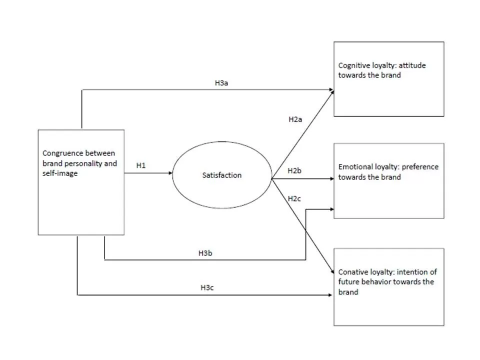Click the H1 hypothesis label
(x=140, y=165)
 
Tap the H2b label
(x=295, y=171)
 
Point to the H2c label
(x=295, y=198)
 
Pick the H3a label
(x=222, y=82)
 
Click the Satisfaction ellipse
(x=221, y=175)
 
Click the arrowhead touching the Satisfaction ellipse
(x=170, y=173)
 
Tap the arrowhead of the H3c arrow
(x=331, y=295)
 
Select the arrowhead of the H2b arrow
(x=331, y=178)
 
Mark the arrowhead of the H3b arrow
(x=331, y=209)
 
